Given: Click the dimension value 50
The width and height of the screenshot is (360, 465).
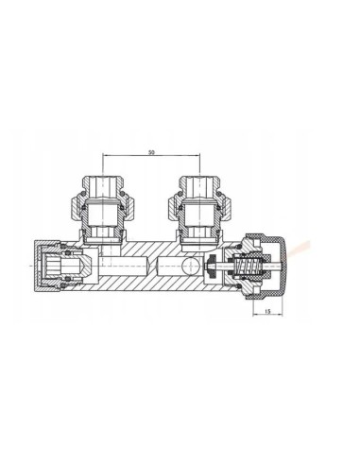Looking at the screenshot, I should (x=151, y=152).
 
